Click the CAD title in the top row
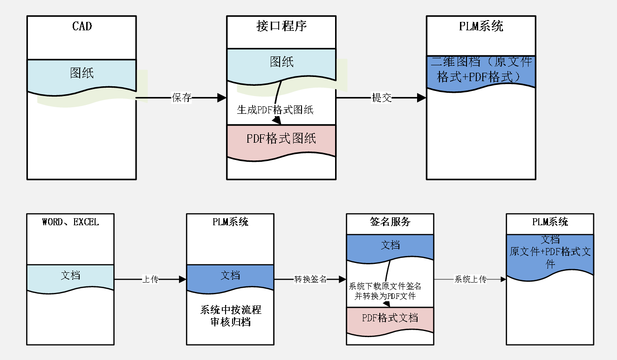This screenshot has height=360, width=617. (x=82, y=26)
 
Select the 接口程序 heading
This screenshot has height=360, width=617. (x=281, y=26)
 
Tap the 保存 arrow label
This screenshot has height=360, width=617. (x=181, y=98)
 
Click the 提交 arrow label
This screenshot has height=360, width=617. (x=381, y=98)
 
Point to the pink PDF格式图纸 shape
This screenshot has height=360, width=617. (x=281, y=140)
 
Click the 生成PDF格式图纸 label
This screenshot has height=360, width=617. (x=275, y=110)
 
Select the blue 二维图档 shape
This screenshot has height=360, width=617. (x=480, y=71)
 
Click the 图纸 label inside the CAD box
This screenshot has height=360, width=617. (x=82, y=73)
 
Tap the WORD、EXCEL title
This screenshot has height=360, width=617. (x=70, y=222)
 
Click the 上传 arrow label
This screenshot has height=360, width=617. (x=150, y=280)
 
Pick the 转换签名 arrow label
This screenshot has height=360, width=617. (x=310, y=280)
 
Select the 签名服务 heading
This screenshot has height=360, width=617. (x=390, y=222)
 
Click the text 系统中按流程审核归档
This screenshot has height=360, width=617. (x=230, y=316)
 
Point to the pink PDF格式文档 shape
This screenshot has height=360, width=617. (x=390, y=319)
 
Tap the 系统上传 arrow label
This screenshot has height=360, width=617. (x=470, y=280)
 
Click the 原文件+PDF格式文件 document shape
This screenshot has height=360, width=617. (x=550, y=254)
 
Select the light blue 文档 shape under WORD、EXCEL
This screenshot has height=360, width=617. (x=70, y=277)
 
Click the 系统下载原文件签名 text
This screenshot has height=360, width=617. (x=385, y=286)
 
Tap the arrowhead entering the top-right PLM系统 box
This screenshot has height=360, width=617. (x=421, y=98)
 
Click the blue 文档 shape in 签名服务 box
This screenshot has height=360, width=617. (x=390, y=246)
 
